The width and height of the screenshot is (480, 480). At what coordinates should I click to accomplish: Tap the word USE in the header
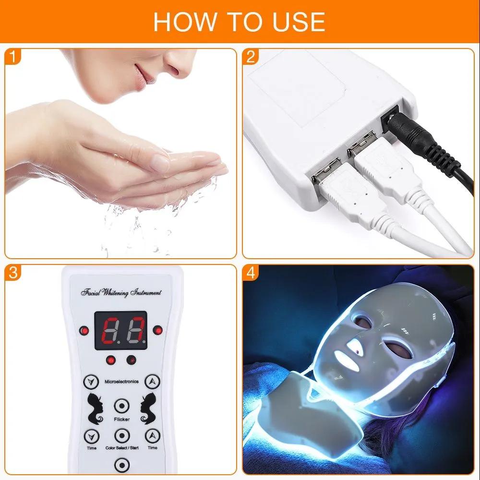(297, 22)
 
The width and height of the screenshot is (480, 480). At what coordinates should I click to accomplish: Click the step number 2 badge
(251, 58)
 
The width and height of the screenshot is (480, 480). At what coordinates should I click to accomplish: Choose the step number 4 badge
(251, 274)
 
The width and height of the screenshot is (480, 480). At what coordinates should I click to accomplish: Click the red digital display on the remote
(120, 331)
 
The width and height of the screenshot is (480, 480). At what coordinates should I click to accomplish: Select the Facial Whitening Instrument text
(121, 292)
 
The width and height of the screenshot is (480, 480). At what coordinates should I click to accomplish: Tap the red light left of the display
(85, 331)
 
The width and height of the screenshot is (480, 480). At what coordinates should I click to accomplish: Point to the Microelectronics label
(121, 382)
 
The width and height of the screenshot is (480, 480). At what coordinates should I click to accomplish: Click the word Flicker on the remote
(121, 419)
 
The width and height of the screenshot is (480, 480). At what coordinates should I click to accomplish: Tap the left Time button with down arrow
(90, 436)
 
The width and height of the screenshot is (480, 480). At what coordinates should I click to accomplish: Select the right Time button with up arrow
(152, 436)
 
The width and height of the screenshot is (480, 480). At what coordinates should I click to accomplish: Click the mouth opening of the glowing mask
(345, 356)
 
